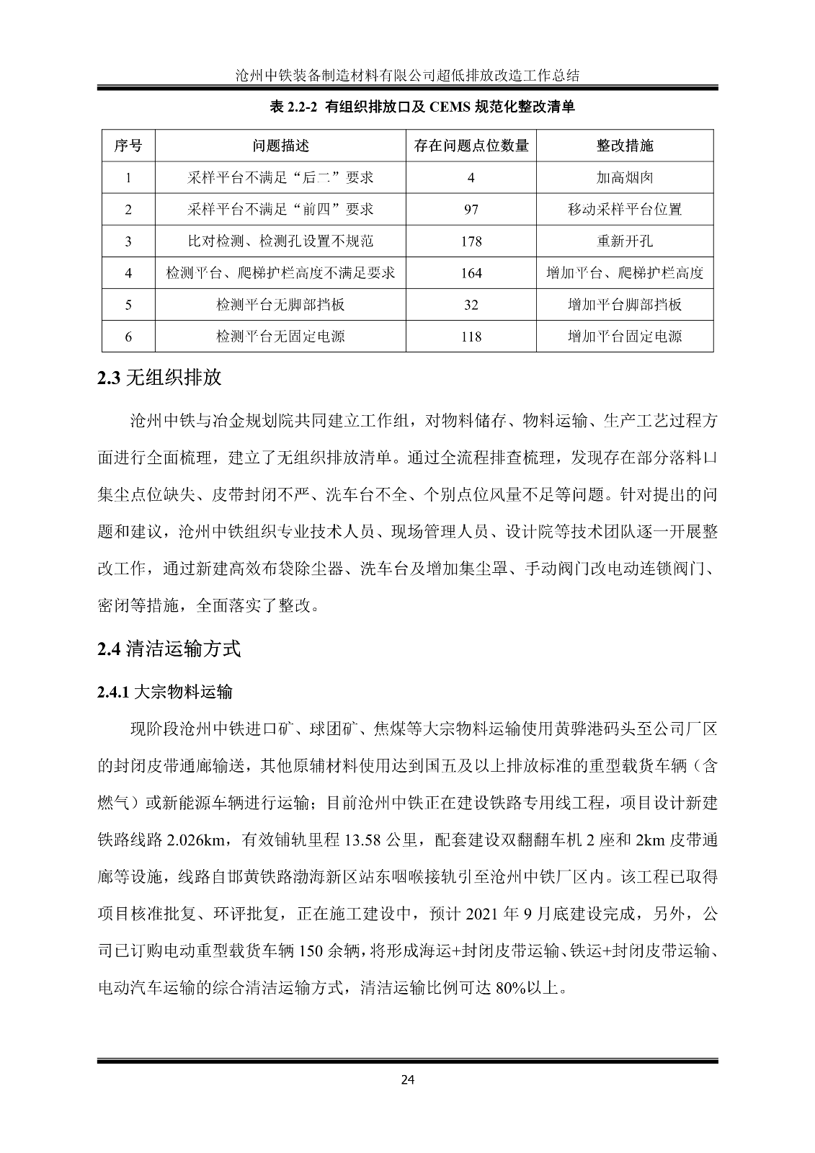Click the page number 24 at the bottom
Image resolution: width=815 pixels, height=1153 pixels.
point(408,1079)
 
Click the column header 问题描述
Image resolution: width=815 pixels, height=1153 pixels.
point(280,146)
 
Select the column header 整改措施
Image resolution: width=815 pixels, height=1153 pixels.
point(624,146)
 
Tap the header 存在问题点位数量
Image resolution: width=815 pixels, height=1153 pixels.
point(471,146)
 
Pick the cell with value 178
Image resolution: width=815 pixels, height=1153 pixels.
point(471,241)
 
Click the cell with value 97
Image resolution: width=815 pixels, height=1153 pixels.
point(471,210)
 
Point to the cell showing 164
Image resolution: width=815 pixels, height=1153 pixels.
point(471,273)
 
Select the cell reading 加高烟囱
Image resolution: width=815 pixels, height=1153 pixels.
point(624,177)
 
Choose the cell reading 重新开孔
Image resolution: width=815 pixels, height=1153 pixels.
point(624,241)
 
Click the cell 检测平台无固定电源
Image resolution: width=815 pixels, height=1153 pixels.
point(280,337)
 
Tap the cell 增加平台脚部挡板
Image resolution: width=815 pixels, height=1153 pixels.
point(624,305)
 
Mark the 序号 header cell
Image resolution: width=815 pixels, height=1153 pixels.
point(128,146)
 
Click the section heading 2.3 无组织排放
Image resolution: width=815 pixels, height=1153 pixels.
point(159,378)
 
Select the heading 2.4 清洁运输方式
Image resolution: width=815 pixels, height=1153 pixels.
point(169,649)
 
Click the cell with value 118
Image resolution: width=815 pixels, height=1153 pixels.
point(471,337)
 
